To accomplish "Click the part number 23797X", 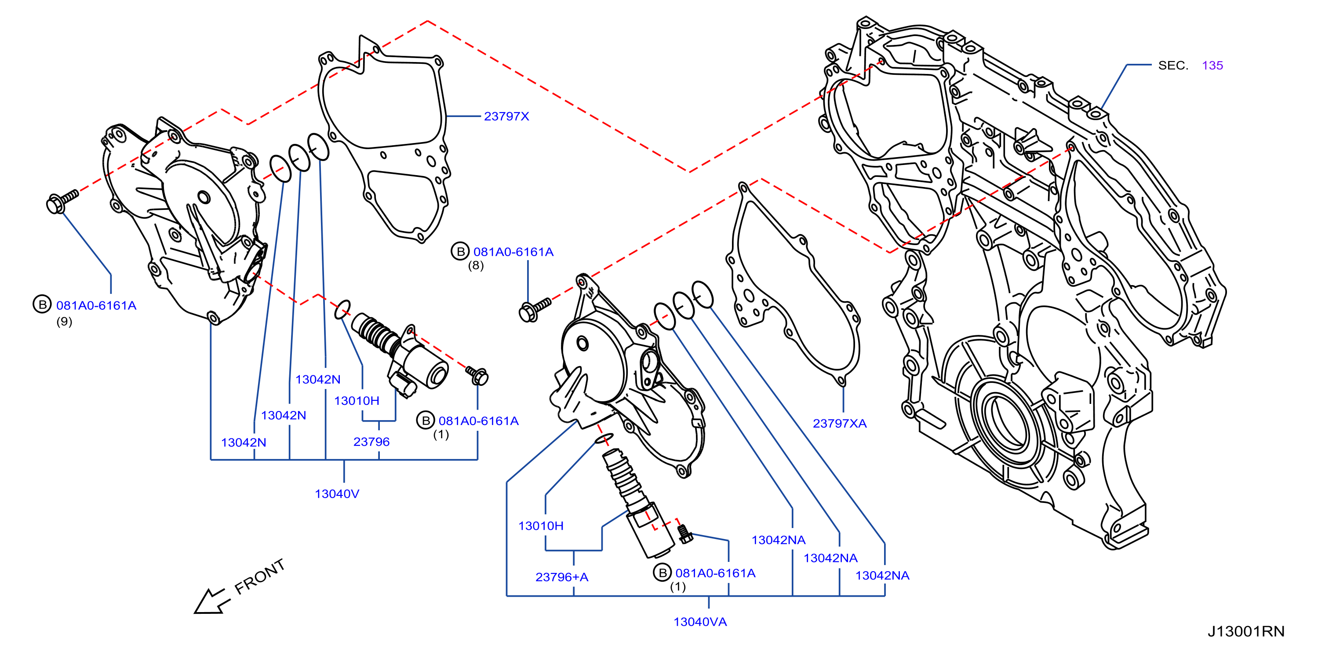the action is tap(506, 116).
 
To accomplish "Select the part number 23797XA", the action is tap(840, 424).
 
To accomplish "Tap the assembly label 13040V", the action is tap(337, 494).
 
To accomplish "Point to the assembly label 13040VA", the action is tap(700, 622).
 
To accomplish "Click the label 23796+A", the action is tap(562, 577).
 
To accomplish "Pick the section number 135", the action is tap(1212, 66).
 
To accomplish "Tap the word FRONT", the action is tap(260, 577).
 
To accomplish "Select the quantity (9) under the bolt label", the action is tap(64, 322).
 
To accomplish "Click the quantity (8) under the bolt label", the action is tap(476, 266).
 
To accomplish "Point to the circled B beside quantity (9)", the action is tap(43, 304).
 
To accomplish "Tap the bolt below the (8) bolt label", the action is tap(534, 309).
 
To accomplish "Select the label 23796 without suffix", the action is tap(371, 442).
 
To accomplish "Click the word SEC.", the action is tap(1173, 66).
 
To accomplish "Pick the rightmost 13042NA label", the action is tap(882, 576).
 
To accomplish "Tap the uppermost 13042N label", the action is tap(318, 379).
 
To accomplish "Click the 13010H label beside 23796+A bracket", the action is tap(541, 526).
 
